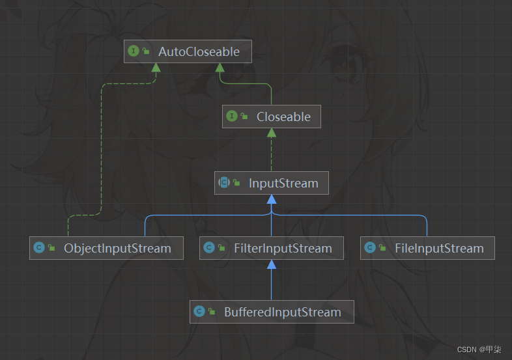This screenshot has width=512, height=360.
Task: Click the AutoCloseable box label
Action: point(199,51)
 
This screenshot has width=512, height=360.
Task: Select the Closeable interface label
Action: point(283,117)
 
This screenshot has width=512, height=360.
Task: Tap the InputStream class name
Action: point(283,183)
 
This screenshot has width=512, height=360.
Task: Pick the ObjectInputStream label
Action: point(117,248)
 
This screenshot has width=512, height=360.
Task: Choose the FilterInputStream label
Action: point(283,248)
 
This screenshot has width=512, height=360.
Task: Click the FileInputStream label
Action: point(439,248)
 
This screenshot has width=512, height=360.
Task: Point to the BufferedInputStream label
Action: point(282,312)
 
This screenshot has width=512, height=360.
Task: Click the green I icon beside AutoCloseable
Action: point(134,51)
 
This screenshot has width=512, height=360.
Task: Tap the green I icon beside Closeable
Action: point(231,117)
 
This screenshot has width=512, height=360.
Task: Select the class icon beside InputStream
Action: point(224,183)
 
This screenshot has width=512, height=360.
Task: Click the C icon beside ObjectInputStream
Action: point(39,248)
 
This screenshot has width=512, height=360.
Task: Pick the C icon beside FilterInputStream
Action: point(209,248)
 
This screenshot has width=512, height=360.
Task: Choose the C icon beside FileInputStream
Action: point(370,248)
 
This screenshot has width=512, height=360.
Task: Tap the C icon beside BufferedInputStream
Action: point(199,312)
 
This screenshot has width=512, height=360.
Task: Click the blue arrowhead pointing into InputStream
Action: point(272,199)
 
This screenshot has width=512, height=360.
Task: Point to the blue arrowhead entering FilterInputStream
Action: point(272,264)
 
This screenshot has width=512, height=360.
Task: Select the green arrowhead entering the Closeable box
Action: point(272,133)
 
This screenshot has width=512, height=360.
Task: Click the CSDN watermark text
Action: point(479,350)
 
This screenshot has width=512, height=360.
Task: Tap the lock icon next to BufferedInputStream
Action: point(212,312)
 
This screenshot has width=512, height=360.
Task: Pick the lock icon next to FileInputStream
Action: point(383,249)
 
